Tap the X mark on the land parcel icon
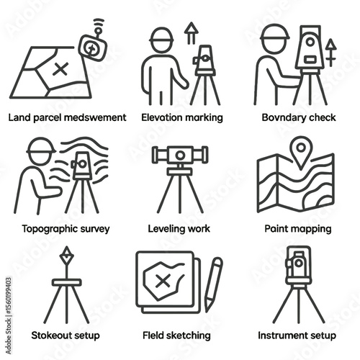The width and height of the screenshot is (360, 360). tap(60, 69)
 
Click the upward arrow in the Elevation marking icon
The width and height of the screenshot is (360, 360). tap(192, 33)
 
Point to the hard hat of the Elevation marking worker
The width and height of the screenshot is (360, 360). tap(161, 35)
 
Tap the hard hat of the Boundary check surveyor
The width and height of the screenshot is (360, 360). tap(274, 32)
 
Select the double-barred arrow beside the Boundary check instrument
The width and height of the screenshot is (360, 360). tap(331, 53)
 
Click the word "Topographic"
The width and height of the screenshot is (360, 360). tap(50, 229)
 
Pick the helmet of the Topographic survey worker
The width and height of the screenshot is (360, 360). tap(40, 146)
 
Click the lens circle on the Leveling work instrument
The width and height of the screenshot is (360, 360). tap(180, 156)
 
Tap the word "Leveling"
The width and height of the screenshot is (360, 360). tap(164, 229)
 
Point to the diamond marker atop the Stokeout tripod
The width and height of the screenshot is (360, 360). tap(67, 256)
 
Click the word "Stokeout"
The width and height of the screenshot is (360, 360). tap(52, 336)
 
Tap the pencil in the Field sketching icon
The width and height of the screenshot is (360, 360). tap(213, 284)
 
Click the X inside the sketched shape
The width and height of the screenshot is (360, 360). tap(163, 281)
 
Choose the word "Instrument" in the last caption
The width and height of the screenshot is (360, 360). tap(279, 336)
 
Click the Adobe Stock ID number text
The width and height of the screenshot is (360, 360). tap(9, 295)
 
